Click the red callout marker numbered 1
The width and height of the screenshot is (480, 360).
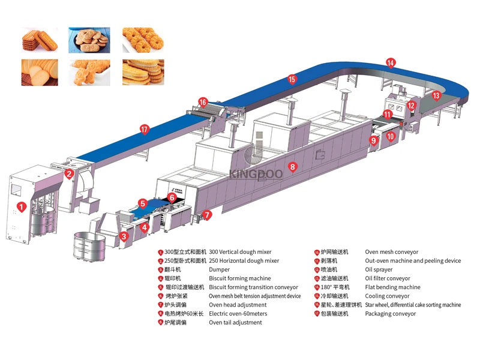(22, 208)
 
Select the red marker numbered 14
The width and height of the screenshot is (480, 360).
(391, 62)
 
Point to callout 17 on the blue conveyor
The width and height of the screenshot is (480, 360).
(144, 128)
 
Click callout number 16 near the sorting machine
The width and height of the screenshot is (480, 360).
(203, 102)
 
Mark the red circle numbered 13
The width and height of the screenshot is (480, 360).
(436, 95)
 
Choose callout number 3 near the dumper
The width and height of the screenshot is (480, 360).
(124, 236)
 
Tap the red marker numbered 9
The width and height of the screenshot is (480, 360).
(373, 140)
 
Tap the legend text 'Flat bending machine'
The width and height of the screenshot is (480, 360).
(392, 287)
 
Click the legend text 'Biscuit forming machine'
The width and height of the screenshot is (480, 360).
(239, 279)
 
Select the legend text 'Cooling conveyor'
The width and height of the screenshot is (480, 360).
(387, 296)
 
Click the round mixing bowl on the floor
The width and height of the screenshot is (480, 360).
(89, 245)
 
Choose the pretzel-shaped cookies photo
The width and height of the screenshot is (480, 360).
(143, 39)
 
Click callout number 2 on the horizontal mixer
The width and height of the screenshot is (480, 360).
(69, 175)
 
